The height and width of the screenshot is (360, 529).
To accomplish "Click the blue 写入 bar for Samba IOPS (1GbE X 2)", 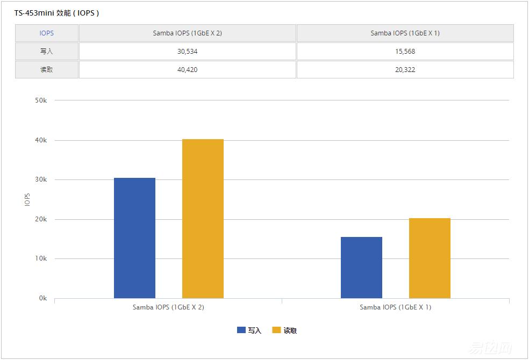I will (134, 238).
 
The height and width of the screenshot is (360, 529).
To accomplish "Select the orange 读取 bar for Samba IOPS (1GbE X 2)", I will (203, 219).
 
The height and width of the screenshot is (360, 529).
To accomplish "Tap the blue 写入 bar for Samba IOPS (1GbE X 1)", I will (361, 268).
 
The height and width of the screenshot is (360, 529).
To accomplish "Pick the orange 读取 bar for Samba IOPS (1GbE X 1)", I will (430, 258).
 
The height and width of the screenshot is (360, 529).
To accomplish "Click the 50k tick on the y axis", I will (41, 100).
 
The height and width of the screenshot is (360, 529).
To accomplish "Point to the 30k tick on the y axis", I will (41, 180).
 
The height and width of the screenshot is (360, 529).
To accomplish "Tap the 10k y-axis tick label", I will (41, 259).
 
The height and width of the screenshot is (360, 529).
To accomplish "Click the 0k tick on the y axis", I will (42, 298).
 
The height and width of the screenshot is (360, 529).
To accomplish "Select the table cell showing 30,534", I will (187, 52).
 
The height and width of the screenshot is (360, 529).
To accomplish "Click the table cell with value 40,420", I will (187, 70).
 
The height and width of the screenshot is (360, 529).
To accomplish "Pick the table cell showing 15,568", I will (405, 52).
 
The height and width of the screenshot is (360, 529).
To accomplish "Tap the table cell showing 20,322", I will (405, 70).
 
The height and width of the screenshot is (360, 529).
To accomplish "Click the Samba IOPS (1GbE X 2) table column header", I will (187, 33).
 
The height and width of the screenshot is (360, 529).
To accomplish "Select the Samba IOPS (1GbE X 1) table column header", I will (405, 33).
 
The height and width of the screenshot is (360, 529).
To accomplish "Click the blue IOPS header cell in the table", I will (47, 33).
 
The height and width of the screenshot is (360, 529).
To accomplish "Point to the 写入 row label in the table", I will (47, 52).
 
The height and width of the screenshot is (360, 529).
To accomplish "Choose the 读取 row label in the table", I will (47, 70).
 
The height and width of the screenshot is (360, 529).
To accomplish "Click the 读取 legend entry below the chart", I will (285, 330).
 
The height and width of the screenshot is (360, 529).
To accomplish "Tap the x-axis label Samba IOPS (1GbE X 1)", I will (395, 308).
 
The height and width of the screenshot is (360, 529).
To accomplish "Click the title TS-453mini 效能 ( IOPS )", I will (56, 13).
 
